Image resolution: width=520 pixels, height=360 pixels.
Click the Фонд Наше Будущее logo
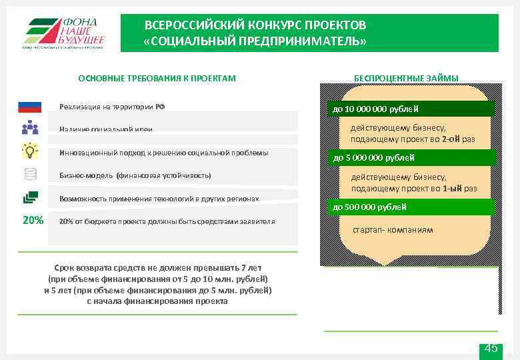64,32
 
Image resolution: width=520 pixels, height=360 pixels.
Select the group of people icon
30,128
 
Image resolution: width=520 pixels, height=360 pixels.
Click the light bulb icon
30,151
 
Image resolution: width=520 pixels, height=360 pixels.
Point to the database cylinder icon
30,174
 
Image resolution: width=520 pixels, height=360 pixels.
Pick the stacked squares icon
30,197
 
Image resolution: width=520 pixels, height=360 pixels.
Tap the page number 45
491,349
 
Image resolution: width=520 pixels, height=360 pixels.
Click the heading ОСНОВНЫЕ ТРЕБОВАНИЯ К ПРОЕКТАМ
157,79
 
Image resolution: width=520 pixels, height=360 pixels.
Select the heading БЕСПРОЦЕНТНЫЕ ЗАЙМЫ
406,79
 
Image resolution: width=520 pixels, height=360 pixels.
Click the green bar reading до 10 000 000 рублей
407,109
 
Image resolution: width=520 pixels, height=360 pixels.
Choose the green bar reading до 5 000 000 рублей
407,158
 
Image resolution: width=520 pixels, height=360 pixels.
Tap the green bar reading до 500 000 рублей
407,207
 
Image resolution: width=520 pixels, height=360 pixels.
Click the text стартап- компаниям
393,230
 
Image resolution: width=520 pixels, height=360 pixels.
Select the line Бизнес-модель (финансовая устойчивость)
135,175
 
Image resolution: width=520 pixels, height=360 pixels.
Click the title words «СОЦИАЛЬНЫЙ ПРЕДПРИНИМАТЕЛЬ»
255,41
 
